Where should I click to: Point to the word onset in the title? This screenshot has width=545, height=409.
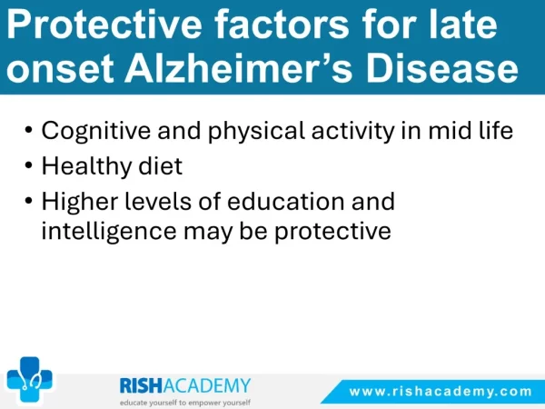pos(60,69)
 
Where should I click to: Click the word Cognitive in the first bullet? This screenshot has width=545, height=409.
pos(96,132)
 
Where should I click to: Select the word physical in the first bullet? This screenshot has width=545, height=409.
pos(256,132)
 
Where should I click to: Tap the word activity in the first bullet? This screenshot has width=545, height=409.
pos(353,132)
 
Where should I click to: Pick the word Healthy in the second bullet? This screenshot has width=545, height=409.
pos(87,167)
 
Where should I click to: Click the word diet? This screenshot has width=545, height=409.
pos(161,165)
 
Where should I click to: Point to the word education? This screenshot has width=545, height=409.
pos(286,201)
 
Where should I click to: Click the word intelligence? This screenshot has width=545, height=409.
pos(109,231)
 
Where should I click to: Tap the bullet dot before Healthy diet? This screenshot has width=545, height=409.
pos(28,165)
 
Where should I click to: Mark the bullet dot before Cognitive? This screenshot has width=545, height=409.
pos(28,130)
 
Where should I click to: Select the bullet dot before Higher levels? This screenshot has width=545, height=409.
pos(28,201)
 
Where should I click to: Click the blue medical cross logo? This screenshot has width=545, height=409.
pos(30,380)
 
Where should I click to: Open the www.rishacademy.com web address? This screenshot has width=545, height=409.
pos(441,392)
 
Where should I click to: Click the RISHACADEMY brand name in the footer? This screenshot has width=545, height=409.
pos(185,386)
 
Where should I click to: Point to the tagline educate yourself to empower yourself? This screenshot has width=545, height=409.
pos(185,403)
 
